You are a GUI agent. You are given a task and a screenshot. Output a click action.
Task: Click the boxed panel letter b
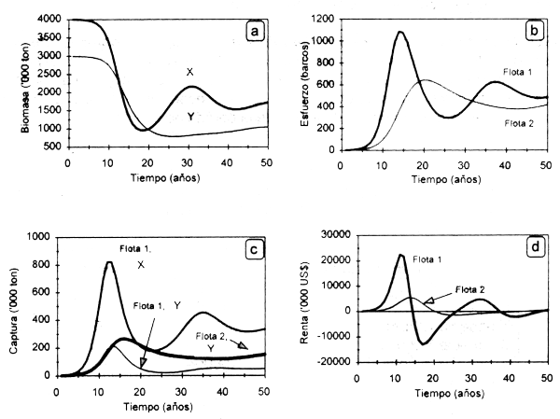535,31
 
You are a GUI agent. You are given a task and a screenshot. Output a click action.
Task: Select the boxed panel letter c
254,249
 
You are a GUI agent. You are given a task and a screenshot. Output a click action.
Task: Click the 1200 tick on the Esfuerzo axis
323,20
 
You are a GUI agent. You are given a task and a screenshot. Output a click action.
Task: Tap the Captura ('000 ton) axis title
12,306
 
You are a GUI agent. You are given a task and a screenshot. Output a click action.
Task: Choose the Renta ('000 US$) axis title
290,306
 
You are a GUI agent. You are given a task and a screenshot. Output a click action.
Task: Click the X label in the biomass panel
189,72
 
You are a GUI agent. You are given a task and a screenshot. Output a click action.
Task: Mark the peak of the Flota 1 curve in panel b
399,33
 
